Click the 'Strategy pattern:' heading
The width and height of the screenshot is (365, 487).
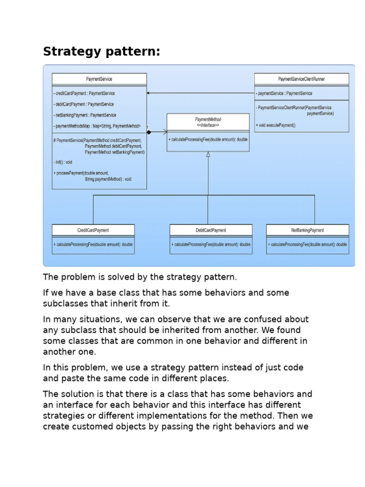coord(102,51)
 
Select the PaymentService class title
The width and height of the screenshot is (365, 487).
coord(99,79)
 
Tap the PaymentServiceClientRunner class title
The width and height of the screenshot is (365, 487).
coord(301,79)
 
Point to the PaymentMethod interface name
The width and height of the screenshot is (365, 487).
coord(208,119)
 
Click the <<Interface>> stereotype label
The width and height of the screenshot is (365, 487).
coord(208,125)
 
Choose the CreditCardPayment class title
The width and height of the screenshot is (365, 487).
coord(93,230)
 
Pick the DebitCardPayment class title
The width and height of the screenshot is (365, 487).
coord(211,230)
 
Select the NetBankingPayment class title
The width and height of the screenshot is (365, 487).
coord(307,230)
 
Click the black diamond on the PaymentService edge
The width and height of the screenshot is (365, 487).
coord(149,132)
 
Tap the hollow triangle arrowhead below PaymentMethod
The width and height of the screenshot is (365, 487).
coord(208,154)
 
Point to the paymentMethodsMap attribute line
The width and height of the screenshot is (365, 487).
coord(97,126)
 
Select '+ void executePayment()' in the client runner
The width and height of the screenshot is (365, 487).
coord(276,126)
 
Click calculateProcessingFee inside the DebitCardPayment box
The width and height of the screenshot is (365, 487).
coord(211,244)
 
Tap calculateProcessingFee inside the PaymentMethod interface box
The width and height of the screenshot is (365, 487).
coord(208,139)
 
